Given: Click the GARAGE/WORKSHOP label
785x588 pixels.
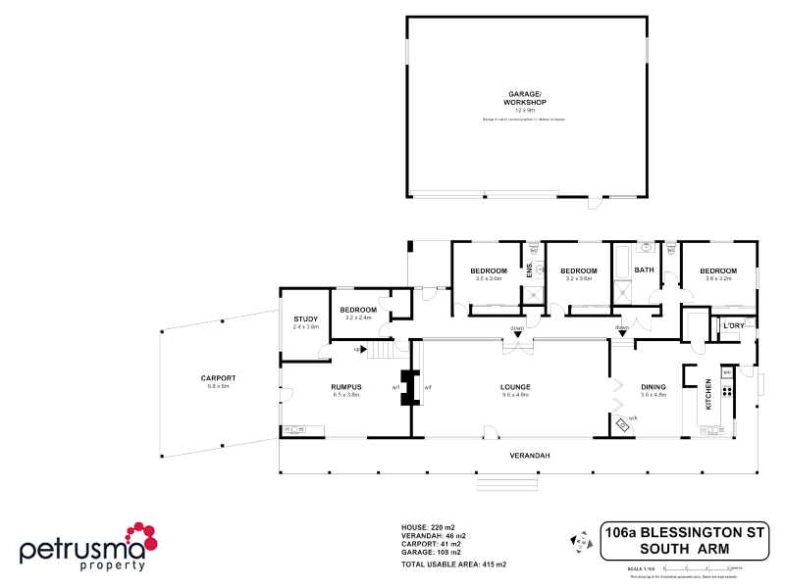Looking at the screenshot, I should pyautogui.click(x=526, y=99).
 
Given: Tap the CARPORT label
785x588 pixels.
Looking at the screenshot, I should pyautogui.click(x=217, y=378).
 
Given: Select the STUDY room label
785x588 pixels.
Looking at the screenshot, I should pyautogui.click(x=306, y=318).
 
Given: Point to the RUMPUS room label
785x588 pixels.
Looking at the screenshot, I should pyautogui.click(x=346, y=387).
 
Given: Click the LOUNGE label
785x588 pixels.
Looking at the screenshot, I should pyautogui.click(x=514, y=387).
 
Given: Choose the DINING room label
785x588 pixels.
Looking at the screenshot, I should pyautogui.click(x=653, y=387).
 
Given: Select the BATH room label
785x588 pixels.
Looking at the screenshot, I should pyautogui.click(x=644, y=270).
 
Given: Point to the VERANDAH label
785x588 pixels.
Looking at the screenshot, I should pyautogui.click(x=528, y=456).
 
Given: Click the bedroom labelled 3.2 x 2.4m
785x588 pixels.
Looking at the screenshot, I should pyautogui.click(x=358, y=311).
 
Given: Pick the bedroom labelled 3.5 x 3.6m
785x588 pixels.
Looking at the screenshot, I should pyautogui.click(x=488, y=271).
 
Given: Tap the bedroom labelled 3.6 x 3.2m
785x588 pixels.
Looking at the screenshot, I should pyautogui.click(x=718, y=271).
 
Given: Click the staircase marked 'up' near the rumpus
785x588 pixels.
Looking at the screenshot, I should pyautogui.click(x=377, y=350).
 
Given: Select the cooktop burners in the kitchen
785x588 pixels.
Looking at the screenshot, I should pyautogui.click(x=727, y=390).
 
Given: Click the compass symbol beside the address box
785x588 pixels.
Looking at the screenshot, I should pyautogui.click(x=578, y=540).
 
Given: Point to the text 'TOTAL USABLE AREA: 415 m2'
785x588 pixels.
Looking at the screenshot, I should pyautogui.click(x=453, y=564).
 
